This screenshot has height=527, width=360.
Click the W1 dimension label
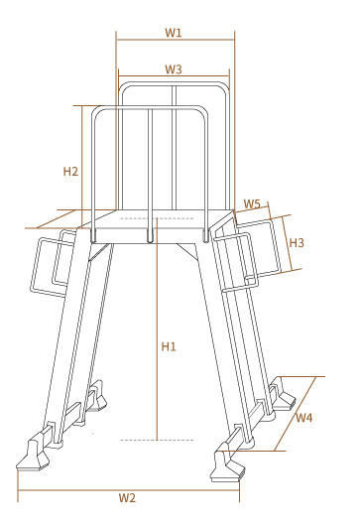[174, 33]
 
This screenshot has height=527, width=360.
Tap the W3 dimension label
[174, 68]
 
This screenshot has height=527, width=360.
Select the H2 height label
[70, 172]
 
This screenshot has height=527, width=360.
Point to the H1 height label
[169, 346]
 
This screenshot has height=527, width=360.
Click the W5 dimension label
[252, 203]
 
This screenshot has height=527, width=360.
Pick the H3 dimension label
[297, 242]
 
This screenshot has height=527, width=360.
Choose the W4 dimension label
[303, 418]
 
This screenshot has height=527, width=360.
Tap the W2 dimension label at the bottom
[127, 497]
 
